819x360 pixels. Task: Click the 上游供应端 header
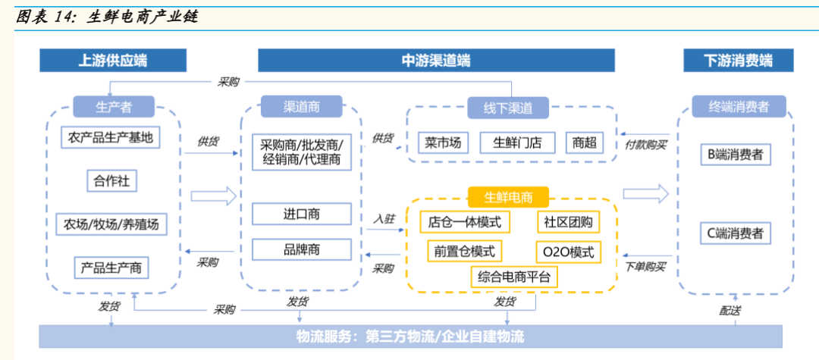[113, 61]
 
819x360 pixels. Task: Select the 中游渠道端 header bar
[435, 61]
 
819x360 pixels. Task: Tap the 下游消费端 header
[738, 61]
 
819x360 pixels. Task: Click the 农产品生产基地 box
[111, 138]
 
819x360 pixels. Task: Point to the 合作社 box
[111, 181]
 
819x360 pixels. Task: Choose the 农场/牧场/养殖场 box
[111, 224]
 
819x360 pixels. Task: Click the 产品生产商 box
[111, 267]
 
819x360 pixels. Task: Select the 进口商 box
[301, 214]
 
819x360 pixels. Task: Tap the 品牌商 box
[301, 249]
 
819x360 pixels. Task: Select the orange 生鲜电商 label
[508, 198]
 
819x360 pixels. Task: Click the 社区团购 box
[568, 222]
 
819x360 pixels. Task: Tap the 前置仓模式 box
[464, 251]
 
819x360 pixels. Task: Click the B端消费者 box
[735, 155]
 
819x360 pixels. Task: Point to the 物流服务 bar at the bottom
[410, 336]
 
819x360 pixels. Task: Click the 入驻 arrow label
[384, 218]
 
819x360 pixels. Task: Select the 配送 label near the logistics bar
[730, 311]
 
